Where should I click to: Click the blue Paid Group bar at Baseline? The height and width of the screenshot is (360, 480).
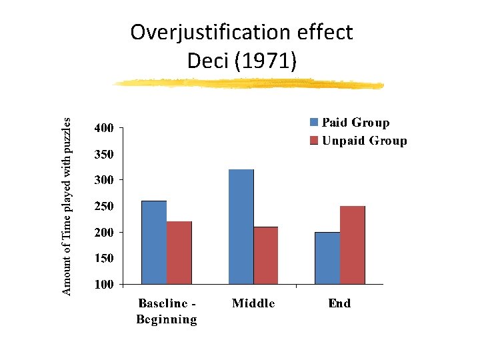[154, 243]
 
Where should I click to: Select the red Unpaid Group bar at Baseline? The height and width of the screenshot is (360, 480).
[179, 253]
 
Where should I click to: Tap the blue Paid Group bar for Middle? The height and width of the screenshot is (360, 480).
[241, 227]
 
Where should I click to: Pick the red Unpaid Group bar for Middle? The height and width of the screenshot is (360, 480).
[265, 255]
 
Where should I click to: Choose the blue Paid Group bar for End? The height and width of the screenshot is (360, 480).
[327, 258]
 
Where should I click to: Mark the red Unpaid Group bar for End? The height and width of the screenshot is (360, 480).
[352, 245]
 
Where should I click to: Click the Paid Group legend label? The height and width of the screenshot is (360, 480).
[355, 123]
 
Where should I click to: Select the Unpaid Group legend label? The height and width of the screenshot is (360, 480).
[364, 141]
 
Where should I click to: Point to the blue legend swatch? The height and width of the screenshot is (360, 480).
[314, 123]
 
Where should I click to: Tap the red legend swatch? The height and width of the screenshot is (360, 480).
[314, 141]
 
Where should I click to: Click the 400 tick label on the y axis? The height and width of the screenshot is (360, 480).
[104, 127]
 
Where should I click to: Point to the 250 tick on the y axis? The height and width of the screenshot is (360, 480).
[104, 206]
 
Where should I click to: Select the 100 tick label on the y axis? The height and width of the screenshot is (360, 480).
[104, 284]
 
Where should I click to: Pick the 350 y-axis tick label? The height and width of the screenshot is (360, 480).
[104, 154]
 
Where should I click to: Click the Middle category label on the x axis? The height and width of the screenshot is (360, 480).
[253, 304]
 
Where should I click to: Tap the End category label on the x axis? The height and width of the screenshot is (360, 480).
[339, 304]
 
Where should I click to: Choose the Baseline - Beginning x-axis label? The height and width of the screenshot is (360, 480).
[167, 311]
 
